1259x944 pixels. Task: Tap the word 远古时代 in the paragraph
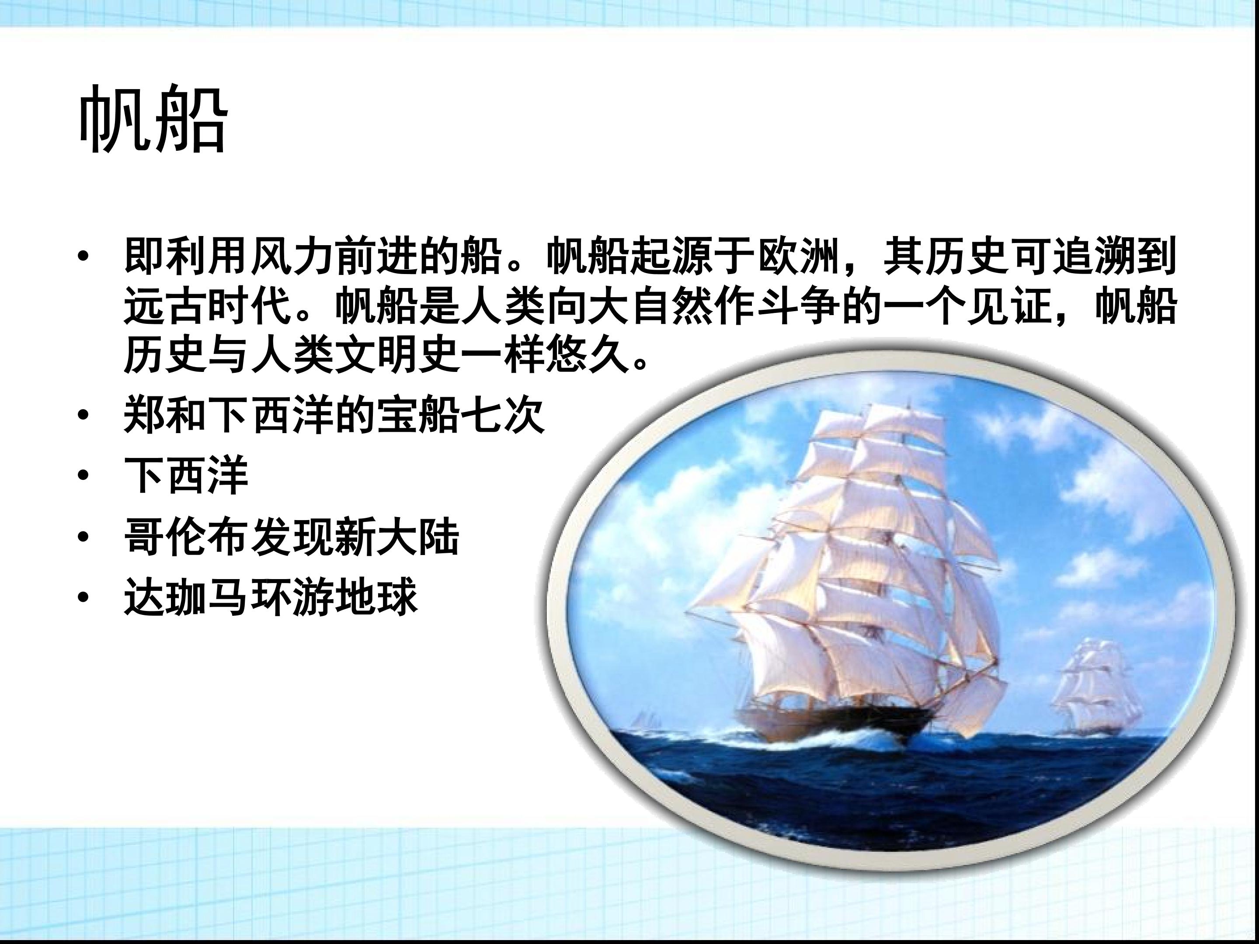(208, 307)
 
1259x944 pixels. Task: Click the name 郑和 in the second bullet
(166, 415)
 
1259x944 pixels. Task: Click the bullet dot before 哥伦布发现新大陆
(84, 537)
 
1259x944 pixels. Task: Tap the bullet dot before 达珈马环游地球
(84, 597)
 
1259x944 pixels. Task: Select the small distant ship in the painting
(1093, 686)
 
